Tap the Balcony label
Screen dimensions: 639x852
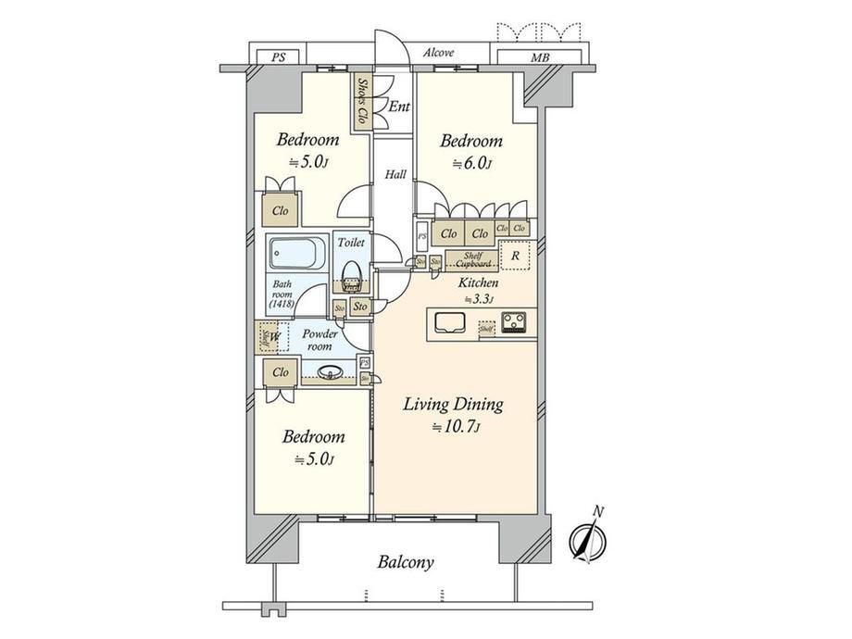point(406,561)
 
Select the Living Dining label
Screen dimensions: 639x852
point(454,404)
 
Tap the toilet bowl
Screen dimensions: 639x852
point(350,273)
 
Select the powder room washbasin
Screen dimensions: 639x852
point(330,374)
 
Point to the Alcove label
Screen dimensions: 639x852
point(438,53)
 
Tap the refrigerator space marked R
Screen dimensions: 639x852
point(514,257)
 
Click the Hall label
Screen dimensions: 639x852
point(395,174)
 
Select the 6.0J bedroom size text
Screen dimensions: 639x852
point(472,164)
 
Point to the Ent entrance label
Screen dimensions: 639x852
point(398,107)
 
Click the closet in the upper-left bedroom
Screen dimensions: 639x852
point(280,211)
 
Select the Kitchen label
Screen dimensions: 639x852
point(479,282)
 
